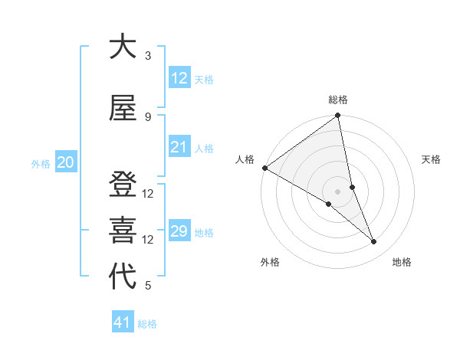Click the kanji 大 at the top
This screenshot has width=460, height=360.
pyautogui.click(x=123, y=47)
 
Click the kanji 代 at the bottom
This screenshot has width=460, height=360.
pyautogui.click(x=123, y=277)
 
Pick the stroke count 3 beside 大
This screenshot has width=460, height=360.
pyautogui.click(x=148, y=56)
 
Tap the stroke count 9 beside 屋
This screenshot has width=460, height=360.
pyautogui.click(x=148, y=116)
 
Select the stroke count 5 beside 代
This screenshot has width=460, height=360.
pyautogui.click(x=148, y=286)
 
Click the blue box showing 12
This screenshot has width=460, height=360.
pyautogui.click(x=179, y=77)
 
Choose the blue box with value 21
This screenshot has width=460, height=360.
pyautogui.click(x=179, y=147)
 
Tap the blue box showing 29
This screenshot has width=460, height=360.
pyautogui.click(x=179, y=231)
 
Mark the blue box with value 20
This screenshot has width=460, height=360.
pyautogui.click(x=65, y=162)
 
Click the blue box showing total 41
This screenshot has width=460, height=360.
pyautogui.click(x=123, y=322)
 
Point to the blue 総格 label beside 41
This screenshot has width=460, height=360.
pyautogui.click(x=147, y=324)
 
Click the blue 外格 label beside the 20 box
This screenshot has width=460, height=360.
pyautogui.click(x=41, y=163)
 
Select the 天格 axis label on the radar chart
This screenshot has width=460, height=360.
pyautogui.click(x=432, y=159)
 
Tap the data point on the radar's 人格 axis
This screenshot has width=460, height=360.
pyautogui.click(x=264, y=168)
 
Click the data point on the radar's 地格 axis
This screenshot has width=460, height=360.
pyautogui.click(x=374, y=242)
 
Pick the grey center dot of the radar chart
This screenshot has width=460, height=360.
pyautogui.click(x=337, y=191)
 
